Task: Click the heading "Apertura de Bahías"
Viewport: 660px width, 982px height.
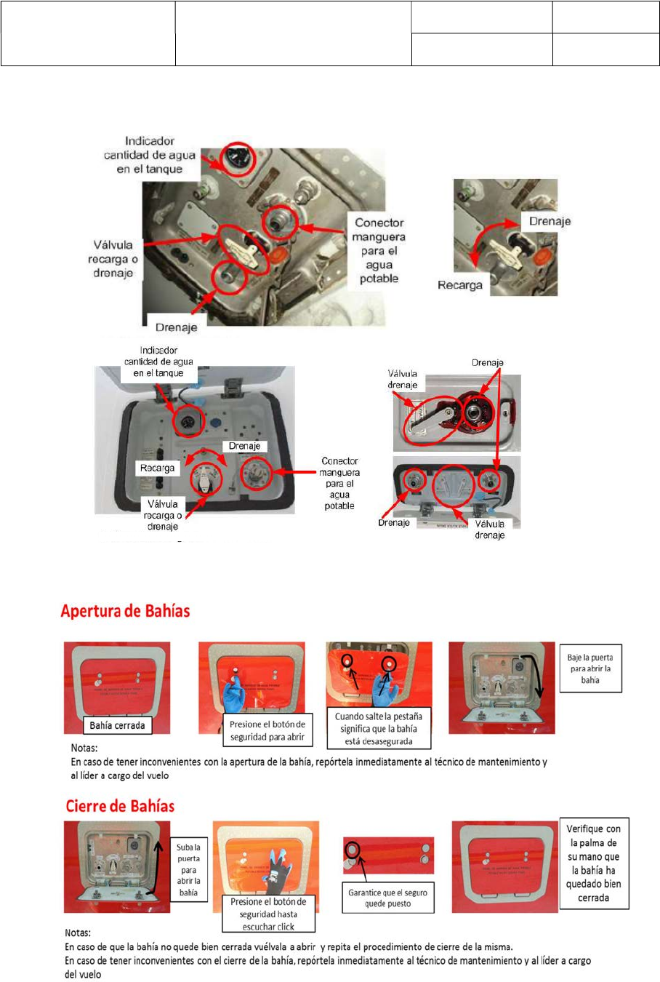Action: point(125,611)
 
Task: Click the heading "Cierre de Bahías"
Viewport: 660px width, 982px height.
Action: point(120,806)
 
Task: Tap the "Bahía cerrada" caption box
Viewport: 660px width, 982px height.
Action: point(117,725)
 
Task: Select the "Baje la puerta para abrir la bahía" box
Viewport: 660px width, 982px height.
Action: point(590,668)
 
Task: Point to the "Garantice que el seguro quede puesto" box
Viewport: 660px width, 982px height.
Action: point(388,898)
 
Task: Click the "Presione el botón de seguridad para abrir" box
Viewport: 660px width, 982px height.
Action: point(267,730)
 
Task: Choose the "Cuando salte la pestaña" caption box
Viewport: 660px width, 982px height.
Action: point(378,728)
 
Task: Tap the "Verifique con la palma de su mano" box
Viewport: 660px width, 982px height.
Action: point(593,863)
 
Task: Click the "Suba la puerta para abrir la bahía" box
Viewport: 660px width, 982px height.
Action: point(188,869)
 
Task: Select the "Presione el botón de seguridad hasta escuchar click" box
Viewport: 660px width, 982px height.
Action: point(268,914)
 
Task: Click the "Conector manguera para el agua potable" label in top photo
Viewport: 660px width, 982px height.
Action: point(379,250)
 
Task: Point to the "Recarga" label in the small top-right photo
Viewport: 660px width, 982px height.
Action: point(460,285)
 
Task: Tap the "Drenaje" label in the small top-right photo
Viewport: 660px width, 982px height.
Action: point(550,221)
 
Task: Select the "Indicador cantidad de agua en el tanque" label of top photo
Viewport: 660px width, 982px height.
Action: point(149,155)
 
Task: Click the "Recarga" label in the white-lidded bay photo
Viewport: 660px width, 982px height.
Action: point(157,468)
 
